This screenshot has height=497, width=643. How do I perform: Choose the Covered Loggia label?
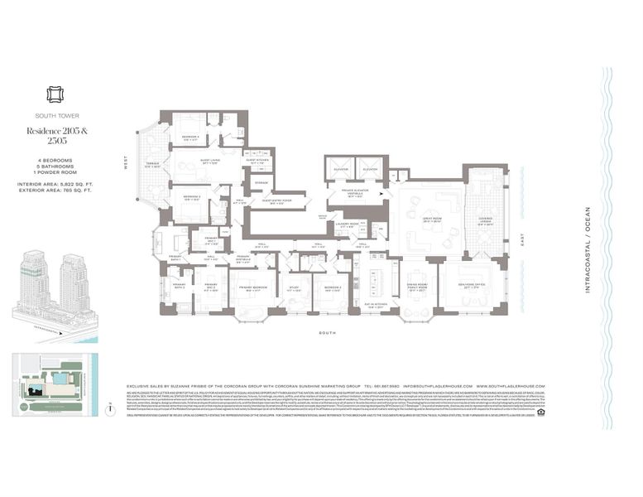(x=481, y=222)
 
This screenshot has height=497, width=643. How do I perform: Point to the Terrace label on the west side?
(x=153, y=165)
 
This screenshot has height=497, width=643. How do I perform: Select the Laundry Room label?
(x=348, y=224)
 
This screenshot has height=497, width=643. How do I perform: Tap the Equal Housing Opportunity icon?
(x=540, y=410)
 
